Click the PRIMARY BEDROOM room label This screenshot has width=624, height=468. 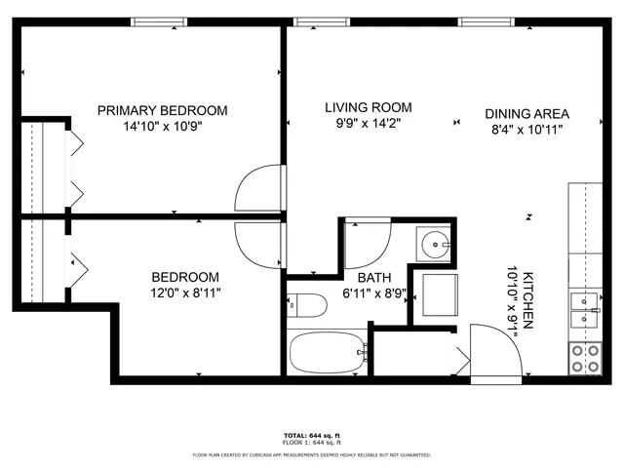point(162,110)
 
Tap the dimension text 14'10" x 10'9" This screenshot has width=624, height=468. point(162,126)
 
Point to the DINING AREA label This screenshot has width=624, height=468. point(526,113)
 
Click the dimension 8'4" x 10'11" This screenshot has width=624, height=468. point(526,129)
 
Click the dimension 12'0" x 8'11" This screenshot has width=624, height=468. point(185,292)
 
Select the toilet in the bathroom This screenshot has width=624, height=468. point(308,306)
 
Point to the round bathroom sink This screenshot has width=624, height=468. point(432,244)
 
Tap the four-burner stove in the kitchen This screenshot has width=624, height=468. point(585,359)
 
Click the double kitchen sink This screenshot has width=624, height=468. point(585,310)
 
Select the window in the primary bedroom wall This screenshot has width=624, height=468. point(161,20)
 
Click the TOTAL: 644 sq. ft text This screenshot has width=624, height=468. point(311,435)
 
